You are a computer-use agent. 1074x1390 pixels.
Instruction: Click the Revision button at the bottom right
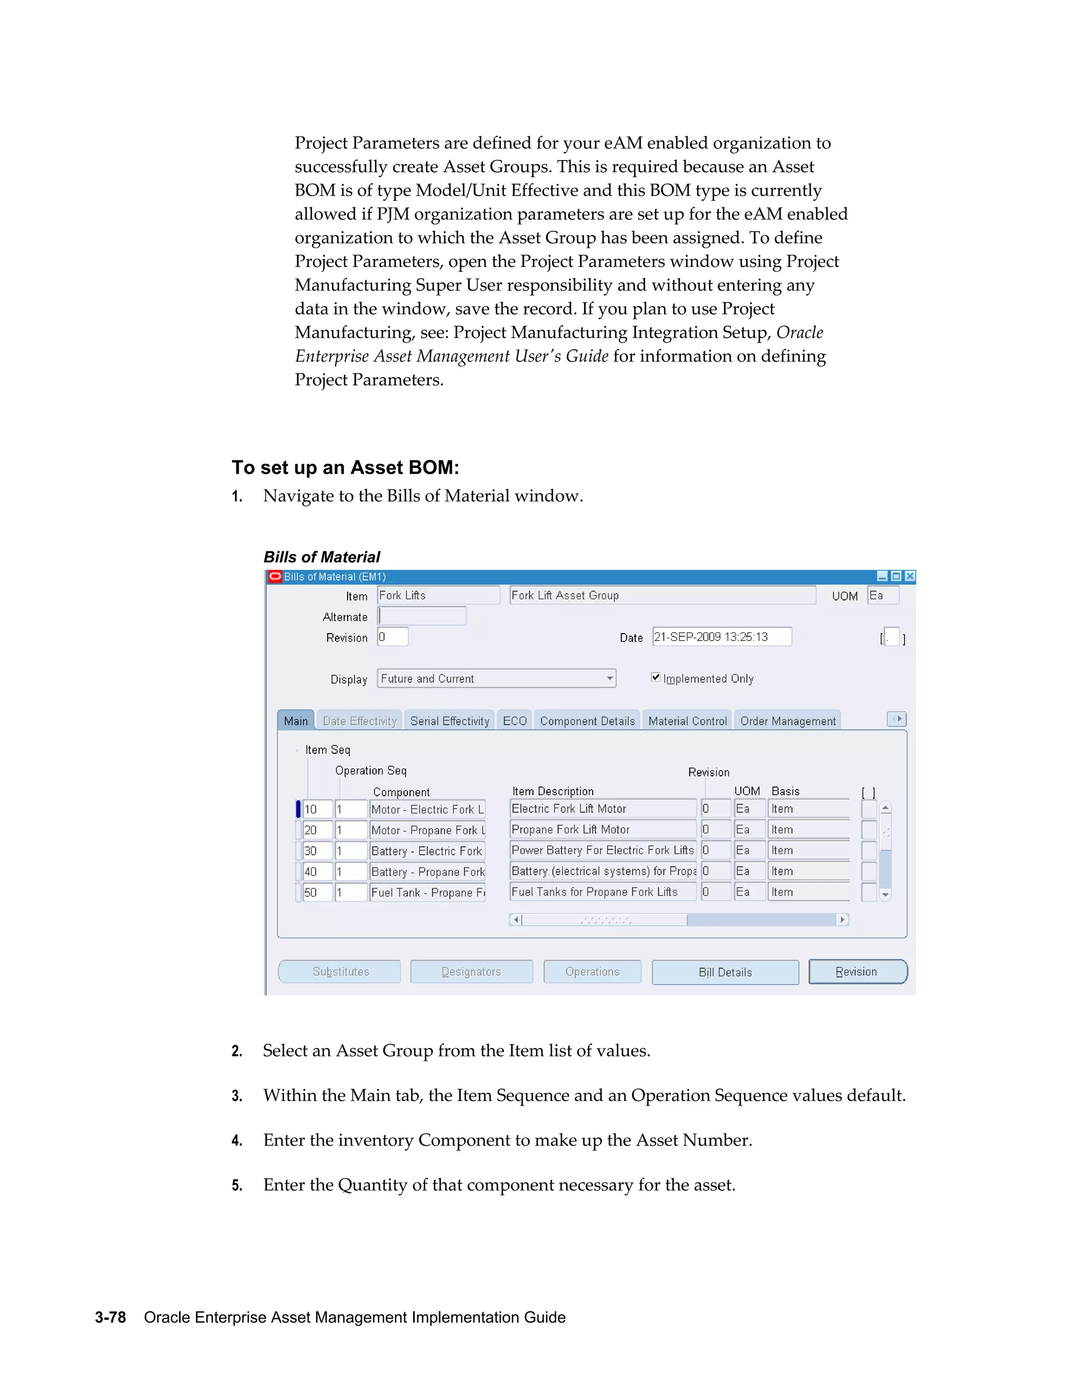click(857, 972)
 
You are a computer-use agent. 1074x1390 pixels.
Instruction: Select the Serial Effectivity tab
click(449, 721)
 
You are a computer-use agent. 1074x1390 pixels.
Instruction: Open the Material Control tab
click(687, 721)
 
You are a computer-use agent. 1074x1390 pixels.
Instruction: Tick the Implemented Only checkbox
click(656, 677)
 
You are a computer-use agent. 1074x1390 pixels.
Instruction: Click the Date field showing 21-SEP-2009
click(722, 637)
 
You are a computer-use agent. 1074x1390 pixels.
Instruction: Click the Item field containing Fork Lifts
click(438, 596)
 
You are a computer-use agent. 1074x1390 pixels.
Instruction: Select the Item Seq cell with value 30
click(317, 851)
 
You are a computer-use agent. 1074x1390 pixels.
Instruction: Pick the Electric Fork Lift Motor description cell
click(602, 809)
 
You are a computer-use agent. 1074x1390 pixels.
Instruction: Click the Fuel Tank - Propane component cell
click(427, 892)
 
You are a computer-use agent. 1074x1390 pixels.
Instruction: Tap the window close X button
click(910, 576)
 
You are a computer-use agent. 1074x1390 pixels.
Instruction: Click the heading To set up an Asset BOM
click(345, 468)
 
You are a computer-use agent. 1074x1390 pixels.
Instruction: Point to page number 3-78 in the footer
click(110, 1318)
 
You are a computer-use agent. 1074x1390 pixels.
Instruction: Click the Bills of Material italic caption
click(321, 557)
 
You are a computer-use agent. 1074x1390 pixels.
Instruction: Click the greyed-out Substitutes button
click(340, 972)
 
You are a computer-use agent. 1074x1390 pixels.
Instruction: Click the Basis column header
click(785, 791)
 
